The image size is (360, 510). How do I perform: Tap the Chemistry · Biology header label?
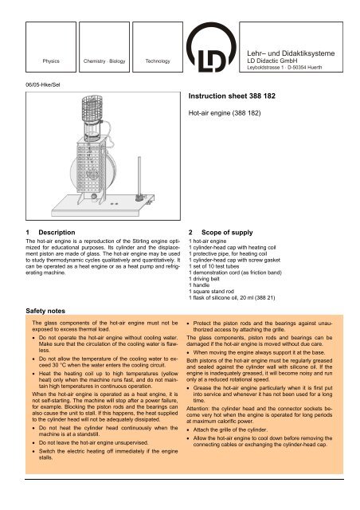[x=98, y=60]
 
